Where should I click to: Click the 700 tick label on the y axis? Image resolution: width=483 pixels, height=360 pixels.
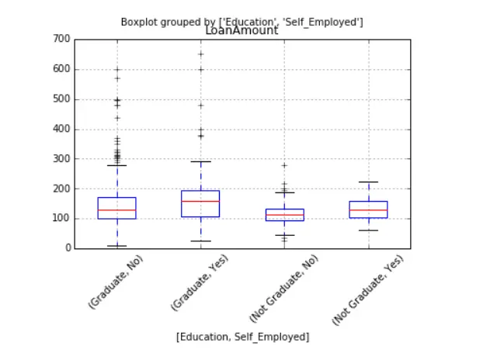coord(61,39)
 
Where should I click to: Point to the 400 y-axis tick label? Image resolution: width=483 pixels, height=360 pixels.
coord(61,129)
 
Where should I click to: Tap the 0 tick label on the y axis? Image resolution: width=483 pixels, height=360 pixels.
coord(68,247)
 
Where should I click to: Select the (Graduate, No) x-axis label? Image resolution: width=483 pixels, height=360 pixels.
coord(116,282)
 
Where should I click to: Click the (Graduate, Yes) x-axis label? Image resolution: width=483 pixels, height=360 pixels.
coord(200,282)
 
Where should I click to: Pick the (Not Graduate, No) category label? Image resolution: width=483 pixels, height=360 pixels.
coord(284,289)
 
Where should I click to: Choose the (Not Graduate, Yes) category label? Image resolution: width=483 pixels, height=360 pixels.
coord(368,290)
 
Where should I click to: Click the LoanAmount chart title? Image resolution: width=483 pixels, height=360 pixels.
coord(241,30)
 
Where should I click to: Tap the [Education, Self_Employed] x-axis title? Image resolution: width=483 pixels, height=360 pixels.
coord(243,337)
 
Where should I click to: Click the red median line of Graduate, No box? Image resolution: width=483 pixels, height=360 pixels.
coord(117,210)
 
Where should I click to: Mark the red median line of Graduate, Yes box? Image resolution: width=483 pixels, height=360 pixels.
coord(200,202)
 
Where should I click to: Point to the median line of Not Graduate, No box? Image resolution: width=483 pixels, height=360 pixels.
coord(285,215)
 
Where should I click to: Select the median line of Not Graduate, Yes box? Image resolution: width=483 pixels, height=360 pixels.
coord(368,210)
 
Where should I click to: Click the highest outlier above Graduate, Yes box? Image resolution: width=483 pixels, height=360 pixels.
coord(201,54)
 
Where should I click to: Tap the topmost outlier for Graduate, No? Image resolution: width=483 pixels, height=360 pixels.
coord(117,70)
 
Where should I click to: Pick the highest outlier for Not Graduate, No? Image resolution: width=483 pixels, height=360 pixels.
coord(285,165)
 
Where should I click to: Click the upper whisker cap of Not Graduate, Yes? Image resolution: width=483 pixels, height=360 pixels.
coord(368,182)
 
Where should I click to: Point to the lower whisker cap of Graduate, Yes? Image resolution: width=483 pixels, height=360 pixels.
coord(201,241)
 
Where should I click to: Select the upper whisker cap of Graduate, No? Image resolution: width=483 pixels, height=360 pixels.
coord(117,165)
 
